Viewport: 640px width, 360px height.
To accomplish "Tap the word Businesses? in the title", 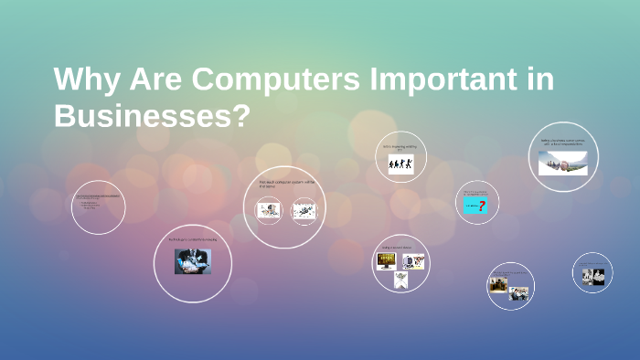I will click(x=152, y=116).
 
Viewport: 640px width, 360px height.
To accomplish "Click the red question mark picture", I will click(x=476, y=206).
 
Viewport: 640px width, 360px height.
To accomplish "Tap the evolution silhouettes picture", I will click(x=400, y=164).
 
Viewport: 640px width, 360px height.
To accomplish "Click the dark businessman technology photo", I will click(x=192, y=261).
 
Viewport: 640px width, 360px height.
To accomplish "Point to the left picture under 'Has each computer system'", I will click(x=269, y=211).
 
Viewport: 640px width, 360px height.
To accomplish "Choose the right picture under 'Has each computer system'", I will click(x=304, y=211).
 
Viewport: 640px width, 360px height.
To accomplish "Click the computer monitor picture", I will click(x=387, y=261).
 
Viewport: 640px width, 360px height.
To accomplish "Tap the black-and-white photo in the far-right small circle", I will click(x=592, y=275).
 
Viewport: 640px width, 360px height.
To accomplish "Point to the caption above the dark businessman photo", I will click(x=190, y=240).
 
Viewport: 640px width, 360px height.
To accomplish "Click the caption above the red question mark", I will click(x=476, y=193).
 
